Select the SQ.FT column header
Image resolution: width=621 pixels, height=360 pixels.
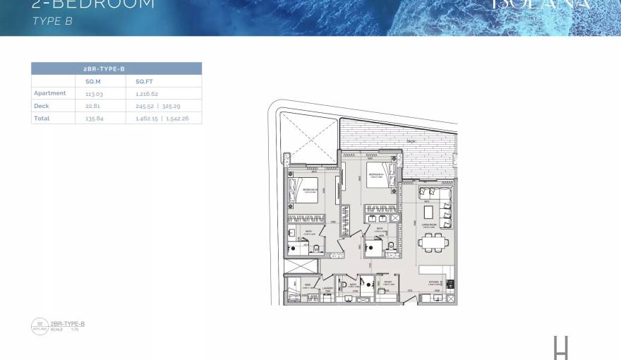click(143, 82)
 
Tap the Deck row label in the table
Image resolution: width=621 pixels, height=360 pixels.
click(42, 106)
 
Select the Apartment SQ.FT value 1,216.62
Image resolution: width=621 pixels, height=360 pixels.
click(147, 93)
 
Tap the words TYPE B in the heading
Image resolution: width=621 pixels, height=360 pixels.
click(52, 21)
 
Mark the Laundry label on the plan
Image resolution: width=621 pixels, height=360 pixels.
click(327, 289)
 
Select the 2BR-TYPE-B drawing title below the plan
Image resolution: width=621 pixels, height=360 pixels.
click(68, 323)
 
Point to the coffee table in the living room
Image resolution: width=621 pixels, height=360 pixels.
click(430, 212)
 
